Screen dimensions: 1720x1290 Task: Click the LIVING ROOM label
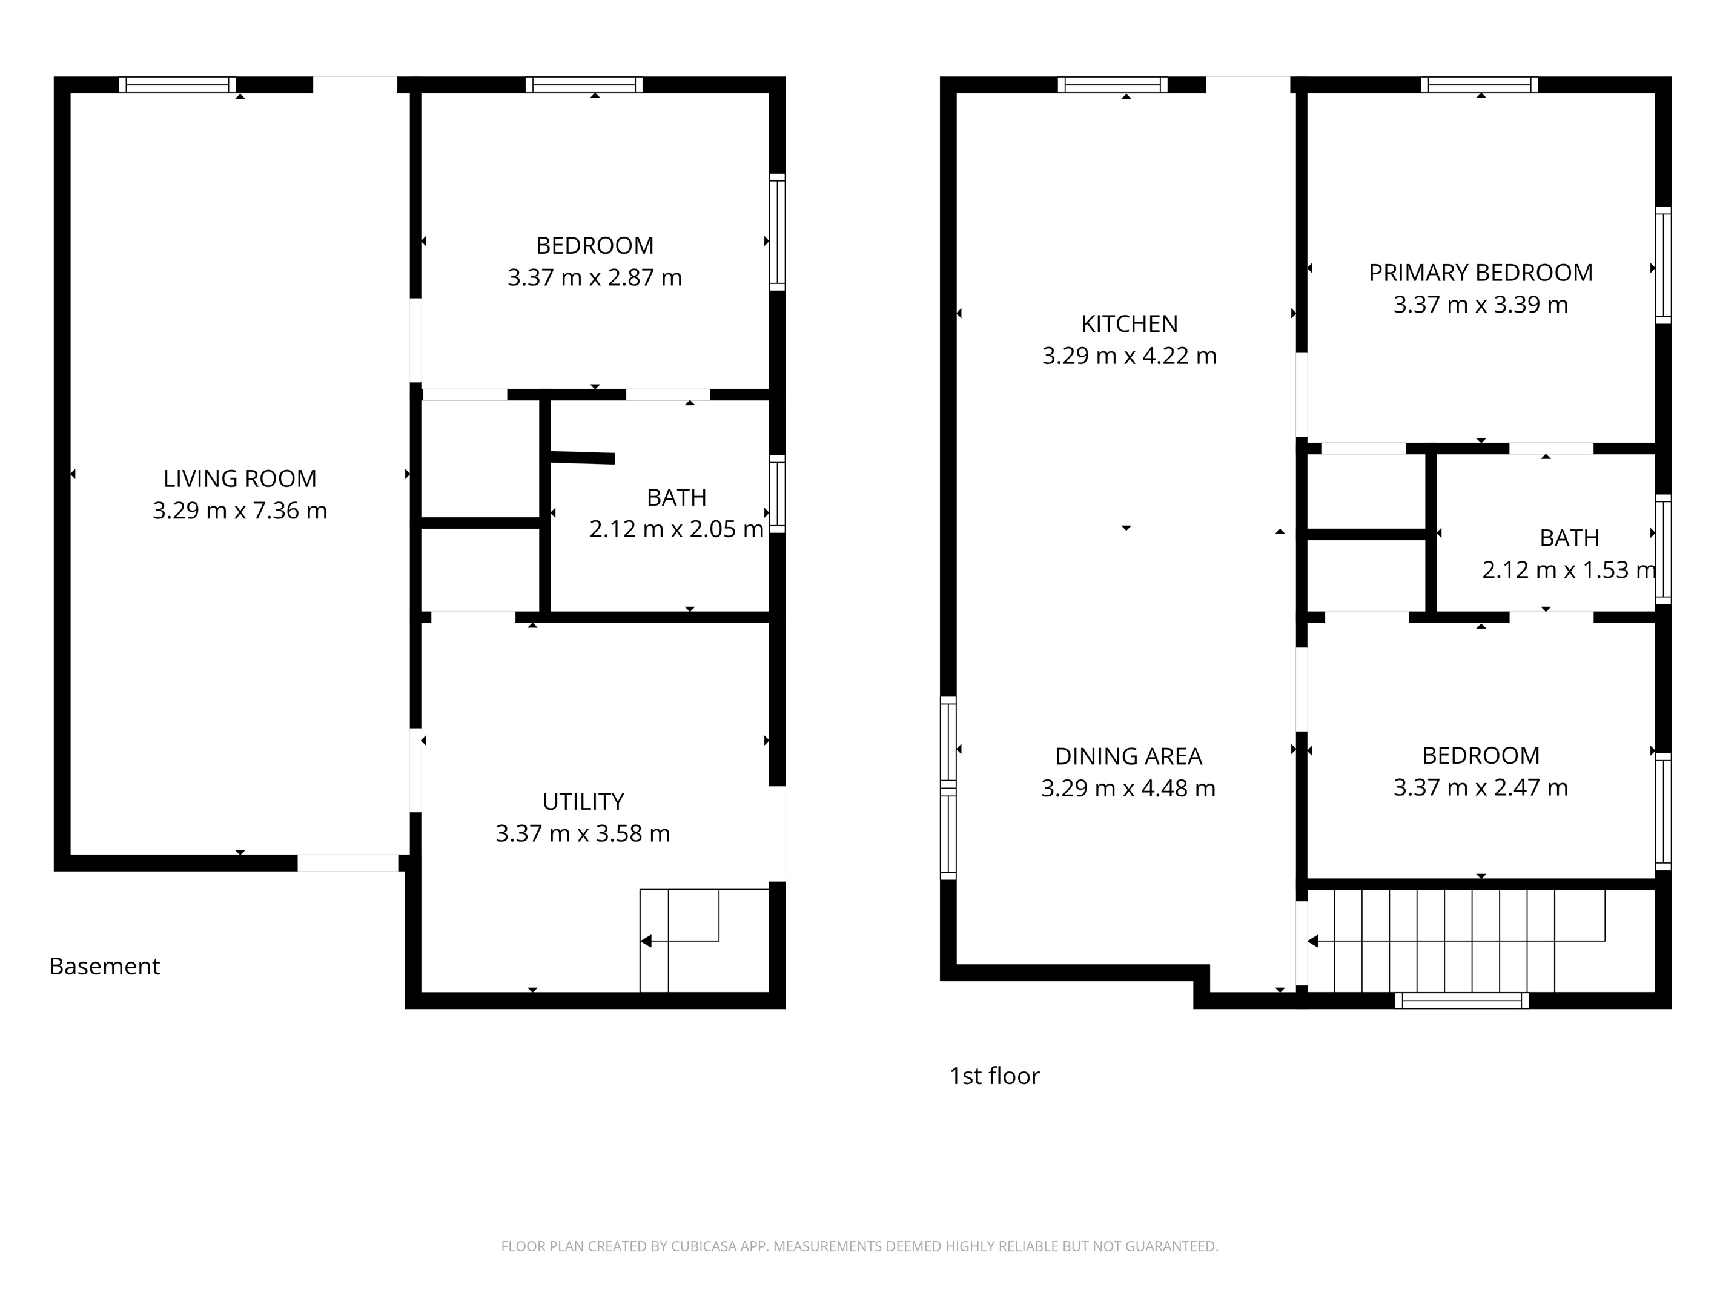(x=239, y=478)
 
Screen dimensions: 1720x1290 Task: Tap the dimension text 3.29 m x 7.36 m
(x=239, y=511)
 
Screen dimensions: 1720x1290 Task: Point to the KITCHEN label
(x=1129, y=323)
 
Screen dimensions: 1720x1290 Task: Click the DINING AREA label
(x=1128, y=756)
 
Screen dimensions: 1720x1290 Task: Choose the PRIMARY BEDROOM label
(x=1481, y=273)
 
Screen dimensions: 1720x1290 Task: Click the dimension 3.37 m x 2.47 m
(x=1481, y=788)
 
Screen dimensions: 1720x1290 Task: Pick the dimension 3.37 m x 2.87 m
(x=595, y=277)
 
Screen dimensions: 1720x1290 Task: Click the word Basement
(x=104, y=966)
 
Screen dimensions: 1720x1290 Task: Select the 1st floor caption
(x=994, y=1076)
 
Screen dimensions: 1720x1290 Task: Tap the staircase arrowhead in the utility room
(x=646, y=942)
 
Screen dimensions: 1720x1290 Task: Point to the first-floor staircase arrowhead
(x=1312, y=942)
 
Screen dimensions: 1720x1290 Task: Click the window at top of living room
(x=177, y=85)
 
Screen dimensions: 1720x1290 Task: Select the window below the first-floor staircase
(x=1462, y=1001)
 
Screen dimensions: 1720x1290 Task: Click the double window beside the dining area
(x=948, y=789)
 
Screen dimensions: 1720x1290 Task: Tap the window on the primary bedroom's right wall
(x=1663, y=265)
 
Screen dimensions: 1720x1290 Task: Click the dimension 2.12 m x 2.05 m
(x=676, y=529)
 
